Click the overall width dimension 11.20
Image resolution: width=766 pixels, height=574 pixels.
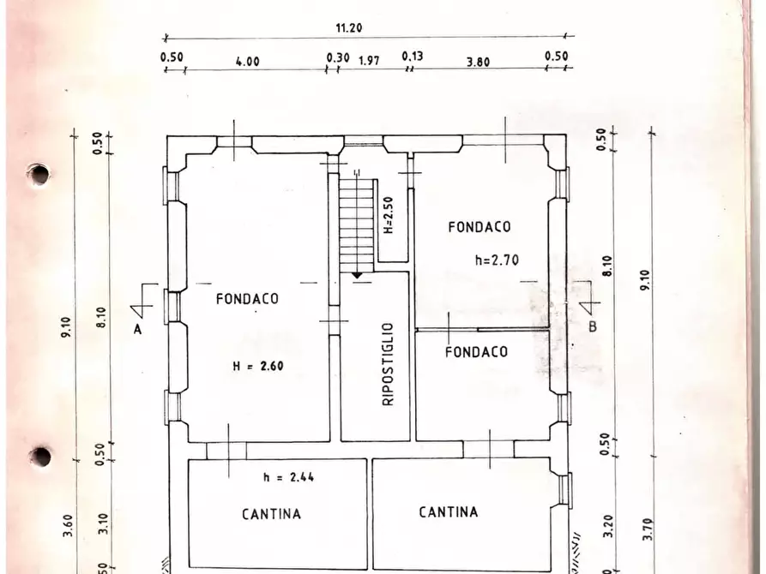click(348, 27)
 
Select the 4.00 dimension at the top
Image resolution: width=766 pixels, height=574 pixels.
click(247, 61)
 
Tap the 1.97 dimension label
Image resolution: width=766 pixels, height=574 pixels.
click(369, 60)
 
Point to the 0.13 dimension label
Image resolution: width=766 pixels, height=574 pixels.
click(412, 57)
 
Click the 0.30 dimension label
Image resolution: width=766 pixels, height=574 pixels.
click(338, 57)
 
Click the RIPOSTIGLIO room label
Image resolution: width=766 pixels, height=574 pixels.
click(387, 364)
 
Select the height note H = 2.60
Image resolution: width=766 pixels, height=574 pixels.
click(257, 366)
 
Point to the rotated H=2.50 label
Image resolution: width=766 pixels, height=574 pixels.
click(388, 216)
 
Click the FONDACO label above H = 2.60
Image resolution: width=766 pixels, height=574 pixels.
click(247, 299)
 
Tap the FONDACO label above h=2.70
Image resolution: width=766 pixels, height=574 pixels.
click(479, 227)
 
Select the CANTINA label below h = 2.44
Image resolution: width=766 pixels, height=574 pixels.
click(271, 514)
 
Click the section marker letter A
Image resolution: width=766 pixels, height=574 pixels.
click(136, 328)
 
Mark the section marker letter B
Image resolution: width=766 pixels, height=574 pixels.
click(592, 326)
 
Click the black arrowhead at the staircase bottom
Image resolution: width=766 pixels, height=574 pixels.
click(356, 275)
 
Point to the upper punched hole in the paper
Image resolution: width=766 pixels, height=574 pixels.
click(38, 174)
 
